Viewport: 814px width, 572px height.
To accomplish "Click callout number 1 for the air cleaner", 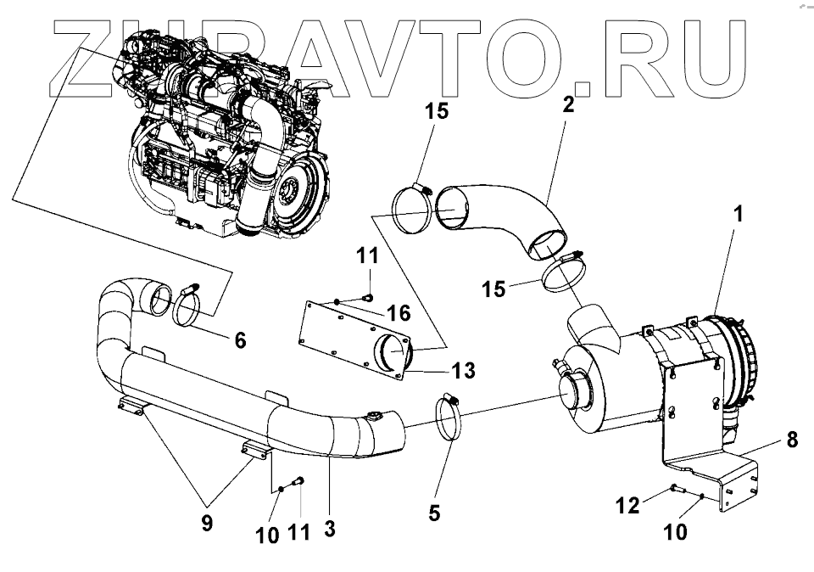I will pyautogui.click(x=739, y=214).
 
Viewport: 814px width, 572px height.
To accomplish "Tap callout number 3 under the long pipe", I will pyautogui.click(x=330, y=528).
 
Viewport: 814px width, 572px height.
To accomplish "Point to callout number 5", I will pyautogui.click(x=434, y=513).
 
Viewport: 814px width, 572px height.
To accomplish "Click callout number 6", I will pyautogui.click(x=240, y=339).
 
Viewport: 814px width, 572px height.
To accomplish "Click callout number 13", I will pyautogui.click(x=464, y=370).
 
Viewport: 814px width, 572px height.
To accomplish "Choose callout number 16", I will pyautogui.click(x=398, y=313).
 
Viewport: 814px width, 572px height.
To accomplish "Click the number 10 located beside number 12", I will pyautogui.click(x=676, y=532).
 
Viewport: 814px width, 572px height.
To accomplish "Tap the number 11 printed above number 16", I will pyautogui.click(x=368, y=255).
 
